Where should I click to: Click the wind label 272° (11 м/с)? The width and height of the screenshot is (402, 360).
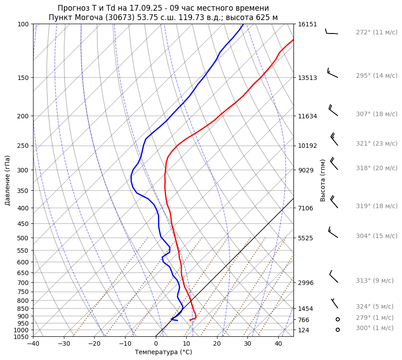tap(377, 33)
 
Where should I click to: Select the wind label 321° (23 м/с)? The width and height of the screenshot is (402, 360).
tap(377, 144)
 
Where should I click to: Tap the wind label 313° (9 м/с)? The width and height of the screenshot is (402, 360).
tap(375, 281)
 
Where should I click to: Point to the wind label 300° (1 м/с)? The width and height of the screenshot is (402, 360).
tap(375, 328)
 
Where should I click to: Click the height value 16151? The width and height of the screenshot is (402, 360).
tap(307, 25)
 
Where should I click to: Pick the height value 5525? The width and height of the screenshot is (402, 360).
tap(306, 238)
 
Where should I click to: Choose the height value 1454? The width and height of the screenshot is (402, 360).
tap(306, 309)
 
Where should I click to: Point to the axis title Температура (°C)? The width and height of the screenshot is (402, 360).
tap(163, 352)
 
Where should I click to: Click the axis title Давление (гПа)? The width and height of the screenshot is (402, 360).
tap(8, 180)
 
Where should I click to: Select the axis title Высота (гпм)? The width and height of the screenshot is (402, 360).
tap(323, 180)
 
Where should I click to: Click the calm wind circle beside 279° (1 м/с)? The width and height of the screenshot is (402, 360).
tap(338, 319)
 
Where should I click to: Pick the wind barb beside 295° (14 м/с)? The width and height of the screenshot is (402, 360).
tap(332, 73)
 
